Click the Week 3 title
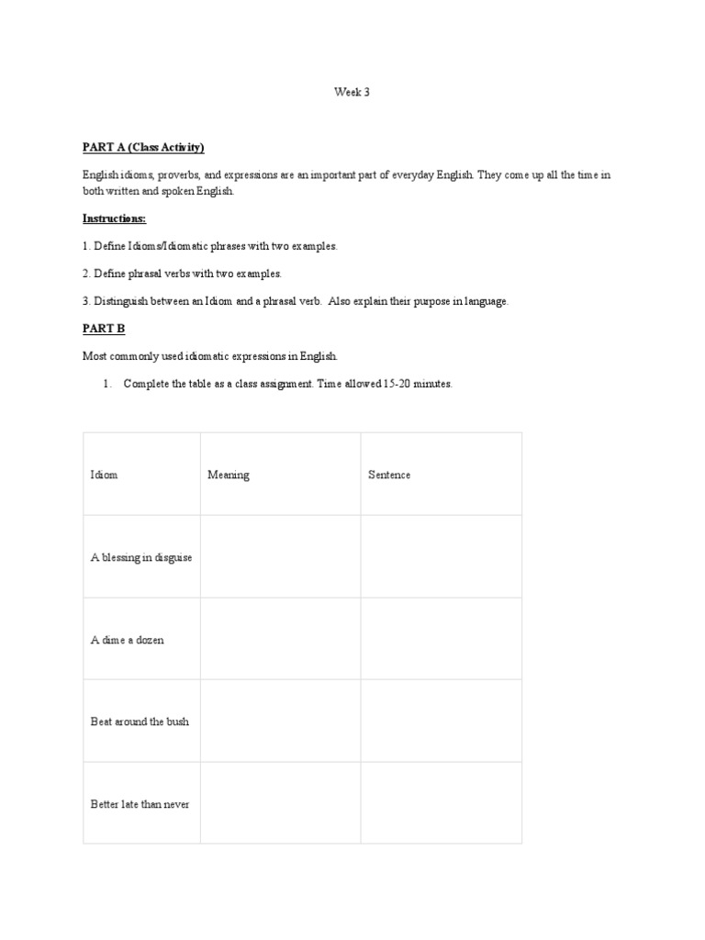352,92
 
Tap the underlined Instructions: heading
115,218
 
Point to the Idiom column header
104,475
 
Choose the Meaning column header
229,475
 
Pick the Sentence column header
389,475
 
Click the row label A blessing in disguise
141,557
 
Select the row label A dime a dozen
128,640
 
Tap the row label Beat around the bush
140,722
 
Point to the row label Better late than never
140,804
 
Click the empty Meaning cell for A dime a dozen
280,640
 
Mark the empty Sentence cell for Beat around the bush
441,722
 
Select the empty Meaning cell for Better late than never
280,804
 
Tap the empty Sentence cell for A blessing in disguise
441,557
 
